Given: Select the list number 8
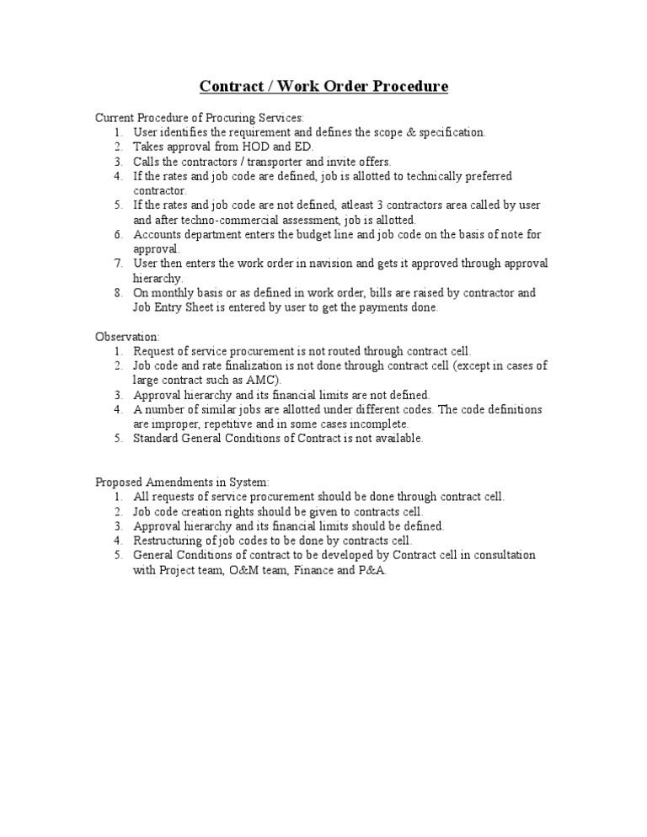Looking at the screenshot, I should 119,293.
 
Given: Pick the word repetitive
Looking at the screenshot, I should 225,424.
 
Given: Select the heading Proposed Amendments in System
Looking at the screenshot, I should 181,482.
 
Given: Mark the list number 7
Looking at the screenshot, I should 119,264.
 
